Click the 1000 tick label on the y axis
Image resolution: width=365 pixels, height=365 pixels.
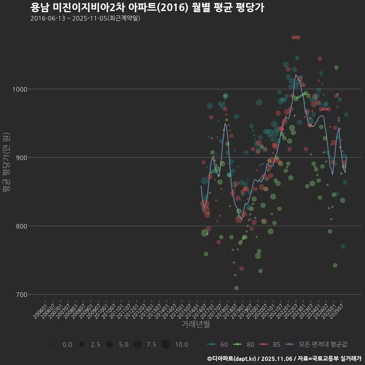18,89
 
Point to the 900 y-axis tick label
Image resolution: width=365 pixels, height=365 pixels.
20,158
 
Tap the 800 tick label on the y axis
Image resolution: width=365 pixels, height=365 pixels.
20,226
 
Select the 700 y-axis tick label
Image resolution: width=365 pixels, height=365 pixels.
20,295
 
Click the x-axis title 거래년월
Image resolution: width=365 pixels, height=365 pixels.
195,324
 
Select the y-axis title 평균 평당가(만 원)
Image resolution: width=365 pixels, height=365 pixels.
6,163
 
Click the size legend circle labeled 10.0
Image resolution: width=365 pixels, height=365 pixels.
165,344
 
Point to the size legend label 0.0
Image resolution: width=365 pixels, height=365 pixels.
67,344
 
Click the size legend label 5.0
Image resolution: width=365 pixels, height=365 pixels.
124,344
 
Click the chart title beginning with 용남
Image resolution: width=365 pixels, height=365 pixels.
147,8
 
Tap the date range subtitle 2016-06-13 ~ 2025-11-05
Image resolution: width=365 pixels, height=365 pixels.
85,18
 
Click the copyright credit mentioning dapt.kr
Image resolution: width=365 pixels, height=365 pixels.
284,359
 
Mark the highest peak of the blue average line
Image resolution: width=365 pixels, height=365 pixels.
296,75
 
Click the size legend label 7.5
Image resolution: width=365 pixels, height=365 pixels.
151,344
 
